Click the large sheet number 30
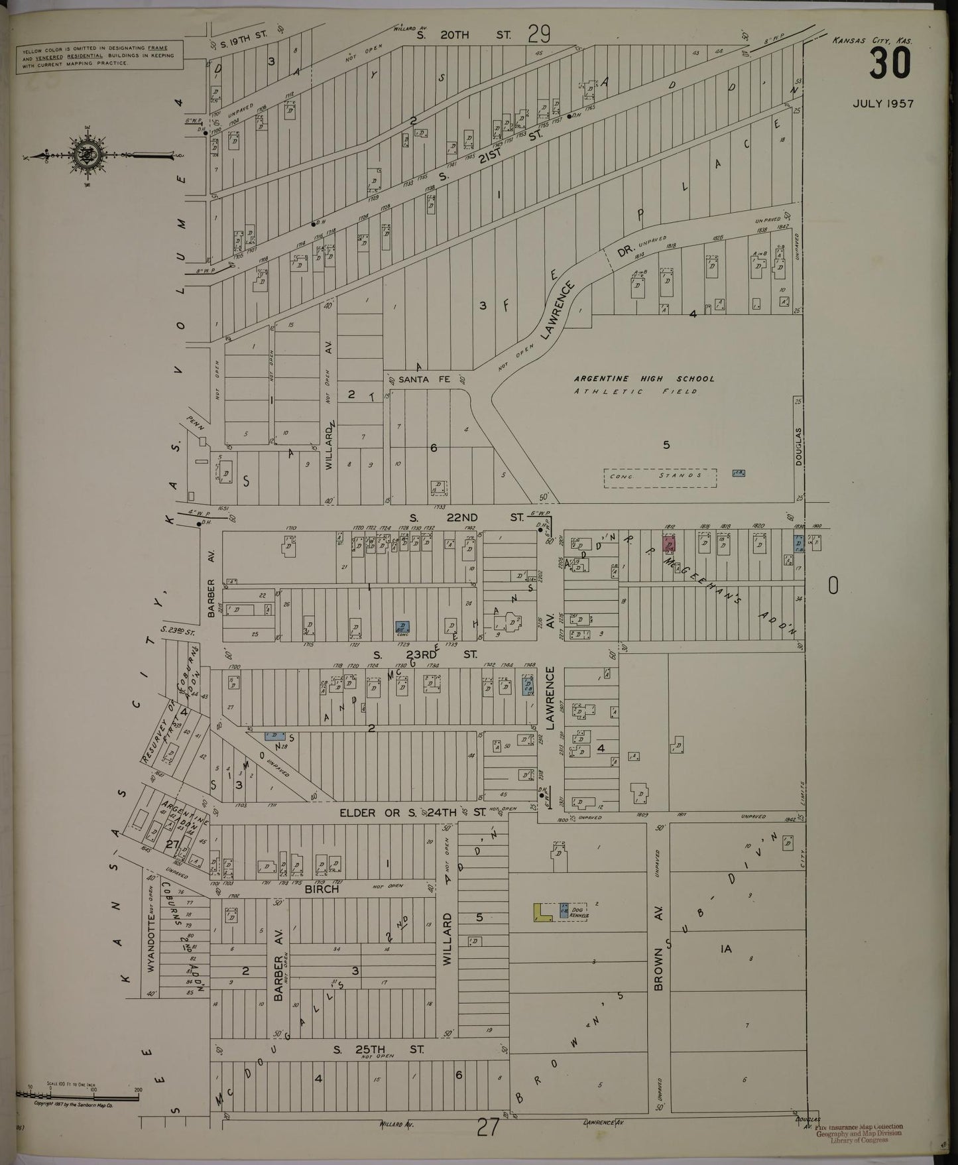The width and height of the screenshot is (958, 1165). tap(890, 64)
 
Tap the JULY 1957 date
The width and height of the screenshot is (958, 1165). tap(883, 103)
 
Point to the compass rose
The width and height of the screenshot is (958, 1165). tap(86, 154)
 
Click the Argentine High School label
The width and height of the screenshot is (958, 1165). tap(644, 379)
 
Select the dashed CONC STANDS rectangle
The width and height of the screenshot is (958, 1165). tap(660, 477)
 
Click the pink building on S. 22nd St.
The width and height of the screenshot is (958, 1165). tap(670, 542)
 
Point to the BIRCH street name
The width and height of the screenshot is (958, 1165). tap(322, 889)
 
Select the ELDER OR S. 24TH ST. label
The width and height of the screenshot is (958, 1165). tap(404, 812)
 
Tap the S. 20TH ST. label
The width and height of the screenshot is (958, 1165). tap(463, 35)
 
